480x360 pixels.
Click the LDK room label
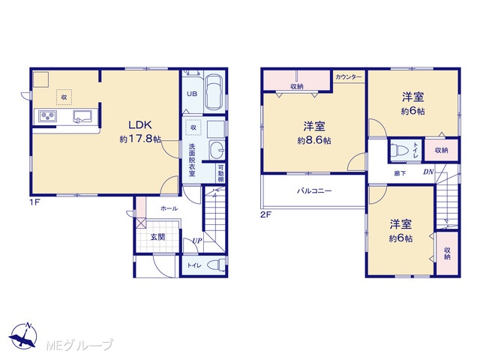click(x=140, y=125)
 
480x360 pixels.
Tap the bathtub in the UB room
click(x=214, y=91)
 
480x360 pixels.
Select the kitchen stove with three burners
click(x=48, y=116)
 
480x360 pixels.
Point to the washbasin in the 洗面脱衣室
click(x=217, y=150)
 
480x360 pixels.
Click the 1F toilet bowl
click(x=217, y=265)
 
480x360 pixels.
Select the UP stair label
click(x=197, y=241)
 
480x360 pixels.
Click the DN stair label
click(x=428, y=172)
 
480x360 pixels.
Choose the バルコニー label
click(x=314, y=191)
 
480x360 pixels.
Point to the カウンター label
click(x=348, y=76)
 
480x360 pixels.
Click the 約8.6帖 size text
click(x=314, y=140)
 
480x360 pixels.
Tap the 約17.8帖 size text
click(x=140, y=139)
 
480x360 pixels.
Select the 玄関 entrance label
click(x=158, y=237)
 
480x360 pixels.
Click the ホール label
click(x=169, y=208)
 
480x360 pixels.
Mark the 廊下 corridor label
click(x=400, y=173)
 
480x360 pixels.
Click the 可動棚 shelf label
click(x=220, y=174)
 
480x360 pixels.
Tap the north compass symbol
click(x=23, y=336)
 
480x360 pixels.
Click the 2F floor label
click(x=265, y=214)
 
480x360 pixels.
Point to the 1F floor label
click(x=35, y=202)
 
